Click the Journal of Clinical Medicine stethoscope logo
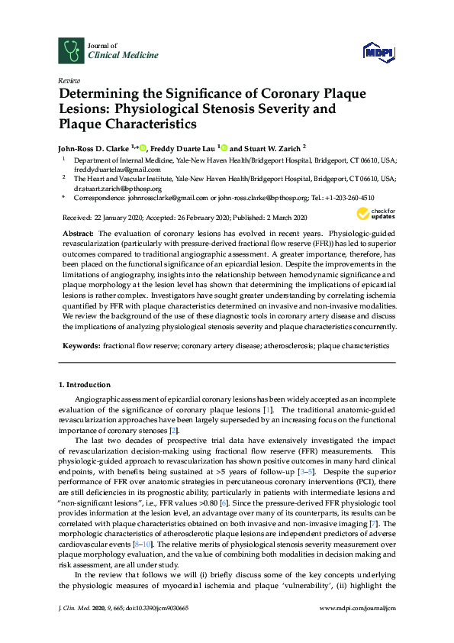71,50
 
